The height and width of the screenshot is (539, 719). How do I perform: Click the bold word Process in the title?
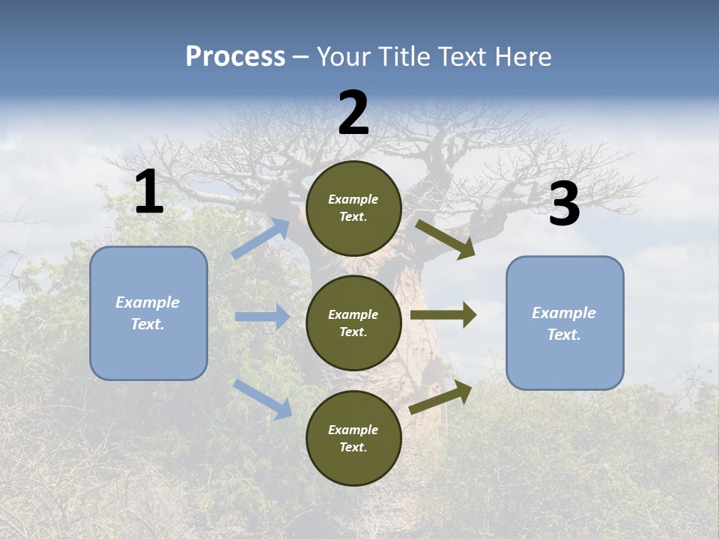[235, 57]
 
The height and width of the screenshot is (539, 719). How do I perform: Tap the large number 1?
[149, 192]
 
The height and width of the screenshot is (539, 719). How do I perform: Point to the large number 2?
[354, 113]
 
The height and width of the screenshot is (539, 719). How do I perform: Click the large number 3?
[564, 204]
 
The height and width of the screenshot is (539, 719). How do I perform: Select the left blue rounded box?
[148, 313]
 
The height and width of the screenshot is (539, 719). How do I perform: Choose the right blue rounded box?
[565, 323]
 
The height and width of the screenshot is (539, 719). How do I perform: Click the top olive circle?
[354, 208]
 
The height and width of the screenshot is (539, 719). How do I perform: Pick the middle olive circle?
[354, 323]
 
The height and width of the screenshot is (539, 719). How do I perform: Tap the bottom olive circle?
[354, 438]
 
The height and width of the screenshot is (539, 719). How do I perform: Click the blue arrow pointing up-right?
[261, 239]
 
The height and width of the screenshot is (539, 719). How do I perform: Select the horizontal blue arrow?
[262, 317]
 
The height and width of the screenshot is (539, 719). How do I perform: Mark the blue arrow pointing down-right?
[262, 399]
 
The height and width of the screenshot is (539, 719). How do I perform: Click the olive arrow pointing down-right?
[445, 240]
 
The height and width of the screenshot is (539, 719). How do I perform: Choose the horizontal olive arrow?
[443, 315]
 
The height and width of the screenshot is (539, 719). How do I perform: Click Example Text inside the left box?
[148, 313]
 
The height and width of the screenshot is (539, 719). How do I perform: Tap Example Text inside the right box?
[564, 323]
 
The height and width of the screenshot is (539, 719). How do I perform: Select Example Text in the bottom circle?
[353, 439]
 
